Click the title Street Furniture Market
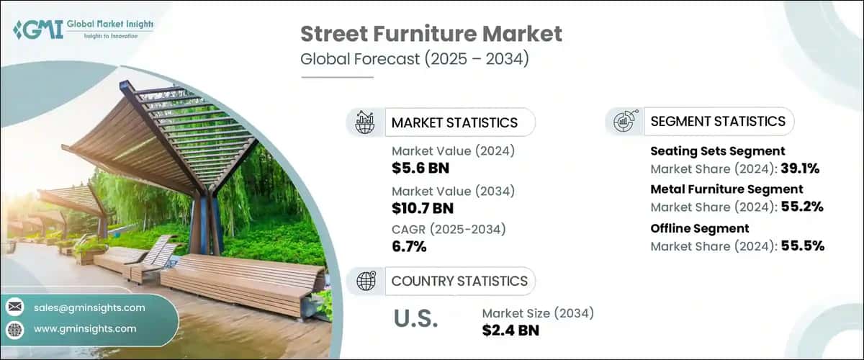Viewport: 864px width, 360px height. [x=431, y=33]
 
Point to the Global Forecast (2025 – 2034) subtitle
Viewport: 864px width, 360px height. [x=415, y=59]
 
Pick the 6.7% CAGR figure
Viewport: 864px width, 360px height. [x=409, y=247]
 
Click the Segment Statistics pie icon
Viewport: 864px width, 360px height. [x=624, y=121]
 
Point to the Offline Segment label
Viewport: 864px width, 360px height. [x=689, y=228]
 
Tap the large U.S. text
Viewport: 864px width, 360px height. [x=415, y=319]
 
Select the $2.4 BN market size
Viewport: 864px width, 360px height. [x=510, y=330]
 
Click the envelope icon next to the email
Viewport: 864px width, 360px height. [x=15, y=307]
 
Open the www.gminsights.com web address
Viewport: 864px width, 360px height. [x=85, y=328]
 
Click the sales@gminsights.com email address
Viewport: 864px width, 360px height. [x=89, y=307]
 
